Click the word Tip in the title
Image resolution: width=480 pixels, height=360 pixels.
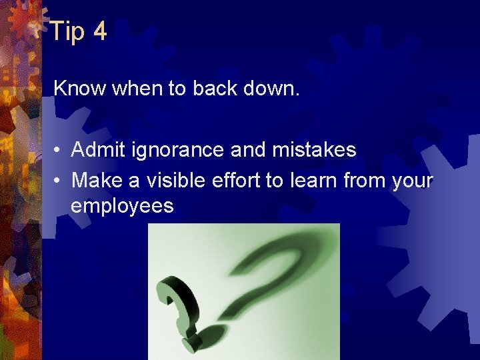(67, 31)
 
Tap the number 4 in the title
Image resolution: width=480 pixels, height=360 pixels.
(99, 31)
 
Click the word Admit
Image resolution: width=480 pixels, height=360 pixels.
(97, 150)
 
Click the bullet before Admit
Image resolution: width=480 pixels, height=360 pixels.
(59, 151)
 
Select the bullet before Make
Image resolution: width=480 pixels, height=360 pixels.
(59, 181)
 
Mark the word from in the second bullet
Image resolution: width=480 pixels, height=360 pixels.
(362, 180)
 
